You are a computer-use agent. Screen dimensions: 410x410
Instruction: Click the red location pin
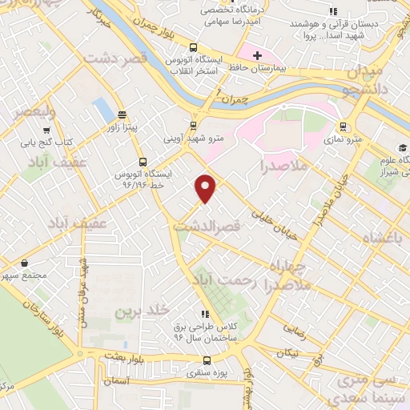click(206, 187)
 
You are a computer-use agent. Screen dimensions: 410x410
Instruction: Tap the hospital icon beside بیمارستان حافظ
click(256, 55)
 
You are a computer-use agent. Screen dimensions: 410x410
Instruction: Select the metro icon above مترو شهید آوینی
click(193, 125)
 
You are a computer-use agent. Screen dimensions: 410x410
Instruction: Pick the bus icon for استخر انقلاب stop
click(193, 46)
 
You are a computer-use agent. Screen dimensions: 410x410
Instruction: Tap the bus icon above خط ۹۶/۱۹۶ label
click(143, 161)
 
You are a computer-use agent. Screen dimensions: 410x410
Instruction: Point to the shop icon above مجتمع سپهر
click(25, 262)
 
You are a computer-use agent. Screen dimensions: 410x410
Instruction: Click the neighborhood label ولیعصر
click(34, 111)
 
